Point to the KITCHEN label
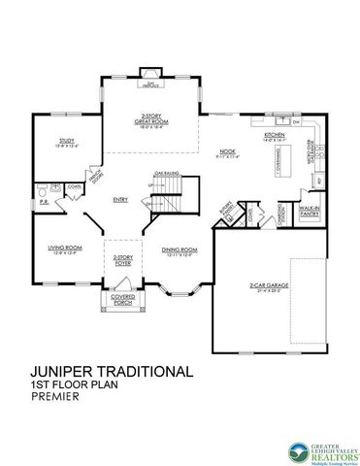pyautogui.click(x=274, y=135)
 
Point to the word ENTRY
pyautogui.click(x=120, y=201)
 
